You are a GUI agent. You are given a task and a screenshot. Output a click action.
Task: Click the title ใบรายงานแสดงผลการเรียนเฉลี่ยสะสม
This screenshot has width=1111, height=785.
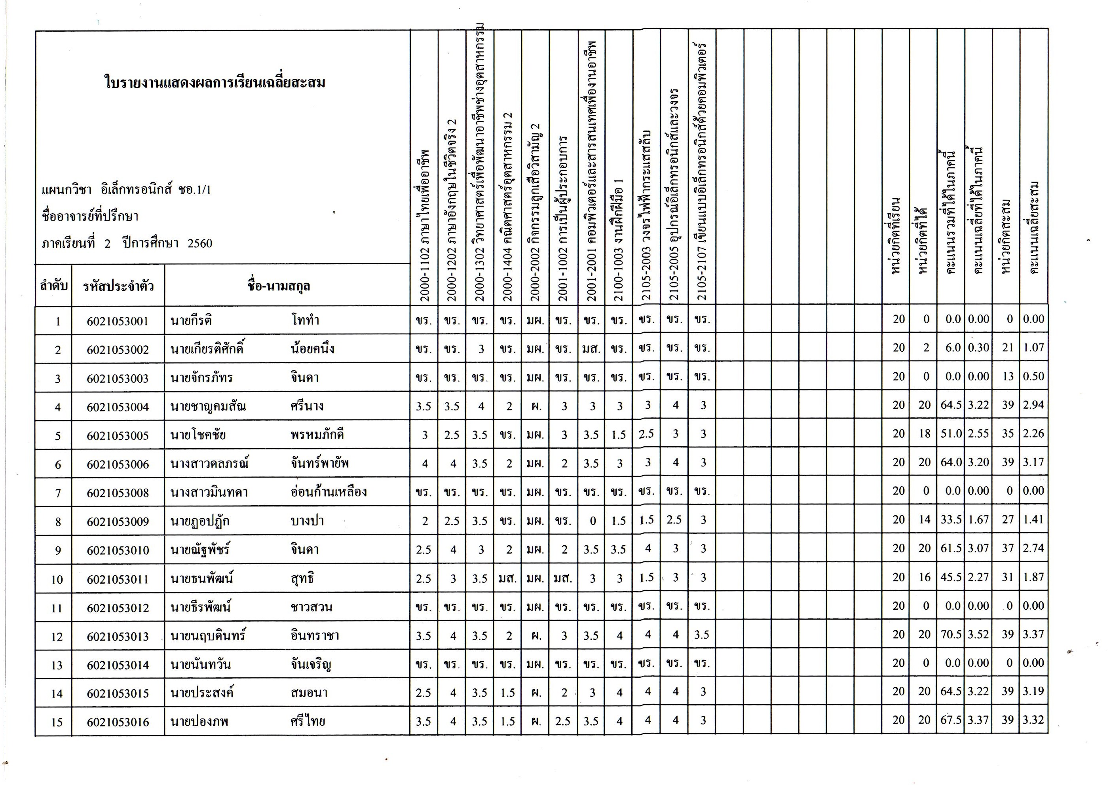point(215,82)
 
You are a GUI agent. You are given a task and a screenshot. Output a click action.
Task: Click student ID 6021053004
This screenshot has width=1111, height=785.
point(118,407)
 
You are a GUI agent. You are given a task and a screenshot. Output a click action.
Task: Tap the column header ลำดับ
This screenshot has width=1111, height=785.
point(53,286)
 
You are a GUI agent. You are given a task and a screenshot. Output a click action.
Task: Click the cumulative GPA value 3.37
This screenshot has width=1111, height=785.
point(1033,634)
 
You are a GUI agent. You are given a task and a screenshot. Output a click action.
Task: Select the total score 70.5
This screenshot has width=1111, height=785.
point(950,634)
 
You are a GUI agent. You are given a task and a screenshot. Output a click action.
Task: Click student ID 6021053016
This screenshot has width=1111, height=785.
point(118,722)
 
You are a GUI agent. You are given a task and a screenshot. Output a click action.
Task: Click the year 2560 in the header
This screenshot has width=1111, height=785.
point(200,243)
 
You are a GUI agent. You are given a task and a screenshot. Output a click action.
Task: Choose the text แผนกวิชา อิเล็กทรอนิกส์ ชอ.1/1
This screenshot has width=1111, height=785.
point(126,190)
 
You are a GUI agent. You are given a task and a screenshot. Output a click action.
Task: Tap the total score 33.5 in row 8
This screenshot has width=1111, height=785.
point(950,520)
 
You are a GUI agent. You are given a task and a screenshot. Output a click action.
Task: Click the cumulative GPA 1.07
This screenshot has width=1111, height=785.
point(1033,348)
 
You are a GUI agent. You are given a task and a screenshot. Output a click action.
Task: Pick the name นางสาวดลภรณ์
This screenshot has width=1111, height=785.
point(209,463)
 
